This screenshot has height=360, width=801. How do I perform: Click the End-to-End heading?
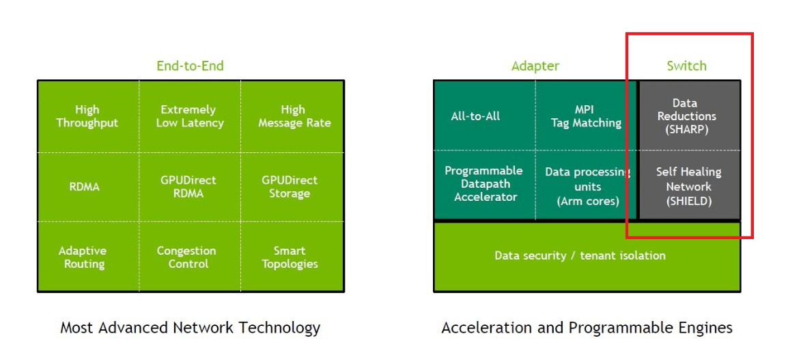tap(190, 66)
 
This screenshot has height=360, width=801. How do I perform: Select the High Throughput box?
tap(87, 116)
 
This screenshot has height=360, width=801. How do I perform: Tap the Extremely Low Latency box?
tap(189, 116)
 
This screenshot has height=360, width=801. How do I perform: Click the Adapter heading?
tap(535, 66)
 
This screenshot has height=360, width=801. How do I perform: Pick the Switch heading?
tap(686, 66)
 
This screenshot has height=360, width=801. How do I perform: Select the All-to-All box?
tap(476, 116)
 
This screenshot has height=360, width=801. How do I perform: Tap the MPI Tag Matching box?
tap(587, 116)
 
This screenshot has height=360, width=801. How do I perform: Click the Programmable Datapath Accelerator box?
tap(483, 184)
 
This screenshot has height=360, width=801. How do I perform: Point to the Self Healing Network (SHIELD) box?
tap(688, 186)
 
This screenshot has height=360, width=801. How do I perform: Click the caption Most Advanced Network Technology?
tap(190, 328)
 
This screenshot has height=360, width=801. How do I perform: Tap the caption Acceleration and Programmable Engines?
tap(587, 328)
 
